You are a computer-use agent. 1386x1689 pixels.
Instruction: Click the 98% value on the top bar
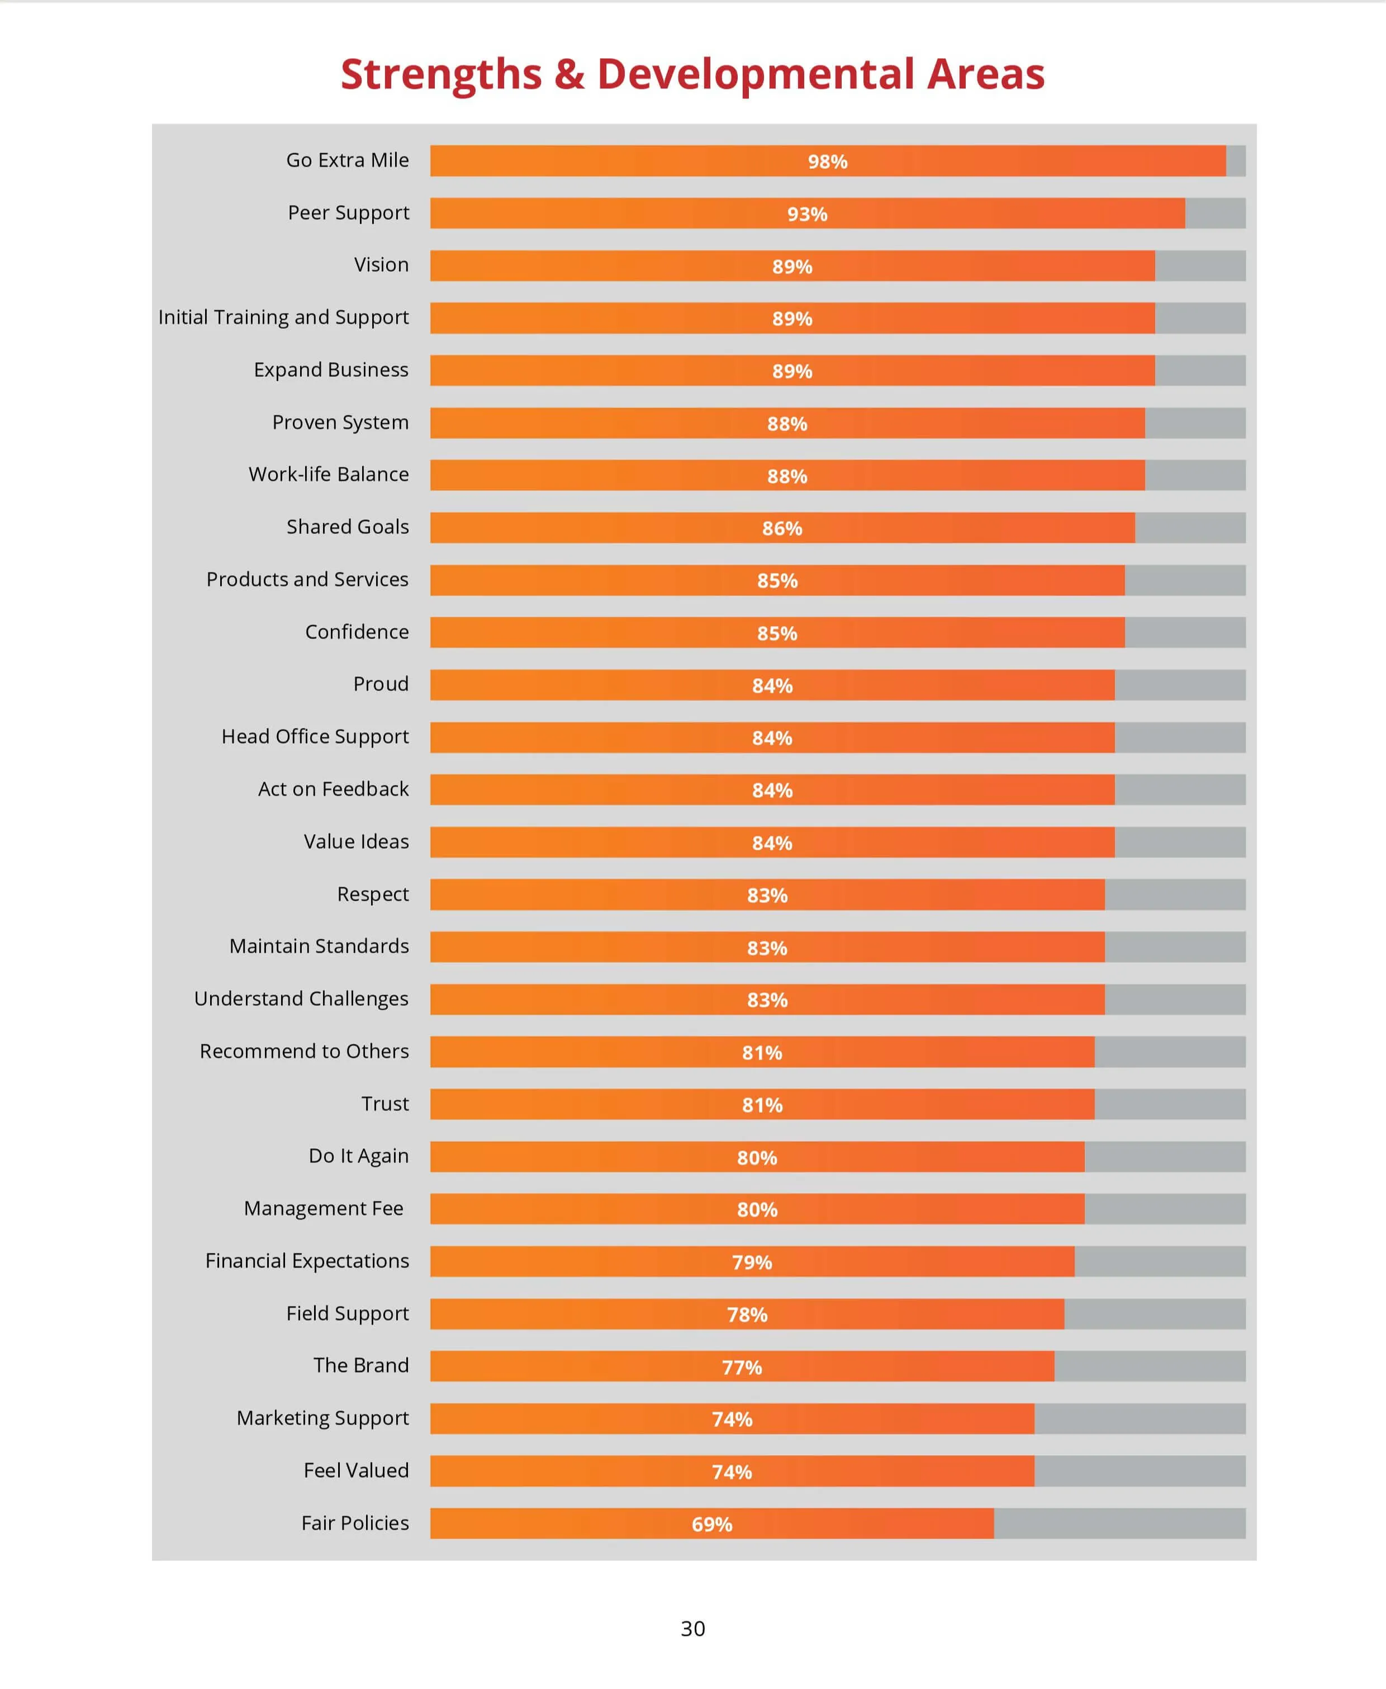click(x=827, y=162)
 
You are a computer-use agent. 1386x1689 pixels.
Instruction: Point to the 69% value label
click(x=711, y=1525)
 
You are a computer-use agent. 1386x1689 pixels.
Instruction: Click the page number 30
click(x=692, y=1628)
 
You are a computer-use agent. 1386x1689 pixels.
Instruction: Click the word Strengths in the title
click(x=442, y=74)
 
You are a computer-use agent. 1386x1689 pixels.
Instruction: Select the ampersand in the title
click(x=568, y=74)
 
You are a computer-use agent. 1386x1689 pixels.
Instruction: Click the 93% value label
click(x=807, y=214)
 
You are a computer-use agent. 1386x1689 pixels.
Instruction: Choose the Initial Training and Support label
click(x=283, y=317)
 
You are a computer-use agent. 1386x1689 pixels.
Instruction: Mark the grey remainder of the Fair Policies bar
click(x=1118, y=1523)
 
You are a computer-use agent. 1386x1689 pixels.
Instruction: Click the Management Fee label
click(x=324, y=1208)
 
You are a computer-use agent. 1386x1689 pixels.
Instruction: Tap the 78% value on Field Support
click(x=747, y=1314)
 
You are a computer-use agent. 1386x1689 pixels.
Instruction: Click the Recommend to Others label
click(x=303, y=1051)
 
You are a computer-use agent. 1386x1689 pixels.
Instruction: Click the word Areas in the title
click(x=985, y=74)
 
